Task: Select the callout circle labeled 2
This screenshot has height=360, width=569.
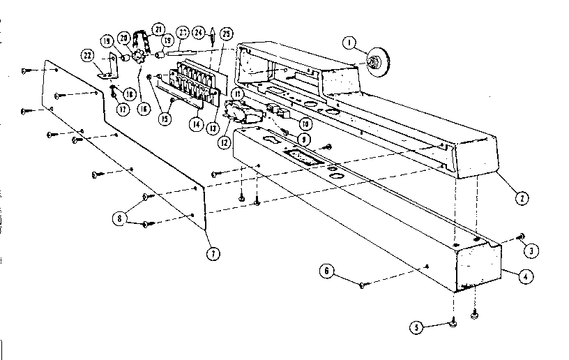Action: coord(519,197)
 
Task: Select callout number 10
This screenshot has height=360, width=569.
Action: coord(304,122)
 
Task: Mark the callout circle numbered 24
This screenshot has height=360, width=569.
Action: coord(198,32)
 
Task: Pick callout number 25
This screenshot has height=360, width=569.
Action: coord(227,33)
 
